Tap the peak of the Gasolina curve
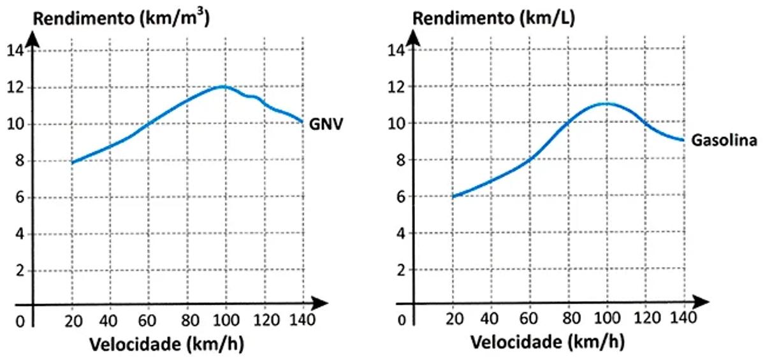pyautogui.click(x=606, y=103)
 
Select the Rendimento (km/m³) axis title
pyautogui.click(x=121, y=17)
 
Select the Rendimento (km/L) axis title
pyautogui.click(x=494, y=17)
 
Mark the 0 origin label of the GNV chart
pyautogui.click(x=20, y=322)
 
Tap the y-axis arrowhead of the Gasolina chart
pyautogui.click(x=416, y=35)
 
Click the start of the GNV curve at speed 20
pyautogui.click(x=73, y=162)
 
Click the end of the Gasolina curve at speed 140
pyautogui.click(x=683, y=140)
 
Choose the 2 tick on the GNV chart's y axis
pyautogui.click(x=18, y=271)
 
